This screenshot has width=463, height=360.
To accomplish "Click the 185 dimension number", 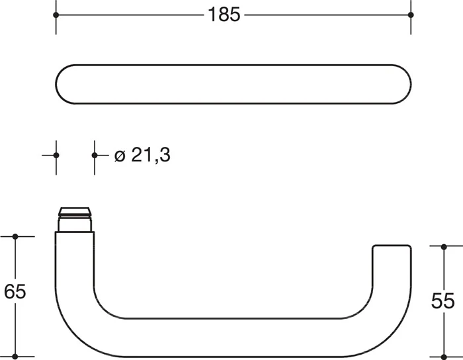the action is coord(224,15).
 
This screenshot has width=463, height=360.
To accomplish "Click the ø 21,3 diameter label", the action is coord(142,155).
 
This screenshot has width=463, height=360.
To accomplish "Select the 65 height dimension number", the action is coord(15,291).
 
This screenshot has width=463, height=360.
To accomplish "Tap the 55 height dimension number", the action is coord(443,301).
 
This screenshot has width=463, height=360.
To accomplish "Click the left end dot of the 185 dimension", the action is coord(56,15).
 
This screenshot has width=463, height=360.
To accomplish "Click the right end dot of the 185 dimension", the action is coord(411,15).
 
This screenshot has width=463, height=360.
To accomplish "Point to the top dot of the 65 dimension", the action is coord(15,236).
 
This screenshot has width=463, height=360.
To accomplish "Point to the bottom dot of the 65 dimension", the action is coord(15,357).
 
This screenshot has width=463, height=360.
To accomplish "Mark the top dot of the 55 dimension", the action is coord(444,247).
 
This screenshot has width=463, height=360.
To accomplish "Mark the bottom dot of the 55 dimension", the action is coord(444,357).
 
